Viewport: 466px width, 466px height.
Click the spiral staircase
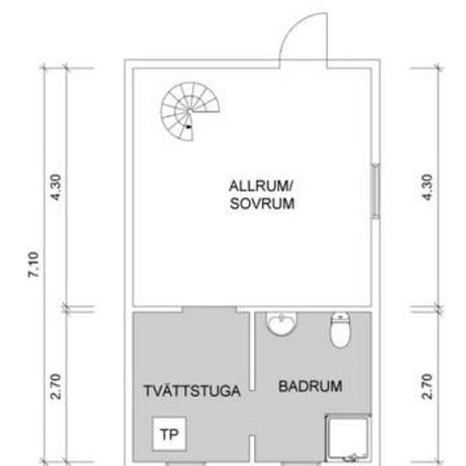click(x=191, y=113)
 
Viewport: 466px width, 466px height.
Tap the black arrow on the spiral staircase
click(x=191, y=125)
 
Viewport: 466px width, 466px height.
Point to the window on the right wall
click(x=375, y=194)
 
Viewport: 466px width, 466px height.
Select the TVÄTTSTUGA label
click(x=186, y=391)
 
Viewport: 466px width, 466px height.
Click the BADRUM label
click(x=310, y=386)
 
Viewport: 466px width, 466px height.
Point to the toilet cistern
click(x=340, y=317)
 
